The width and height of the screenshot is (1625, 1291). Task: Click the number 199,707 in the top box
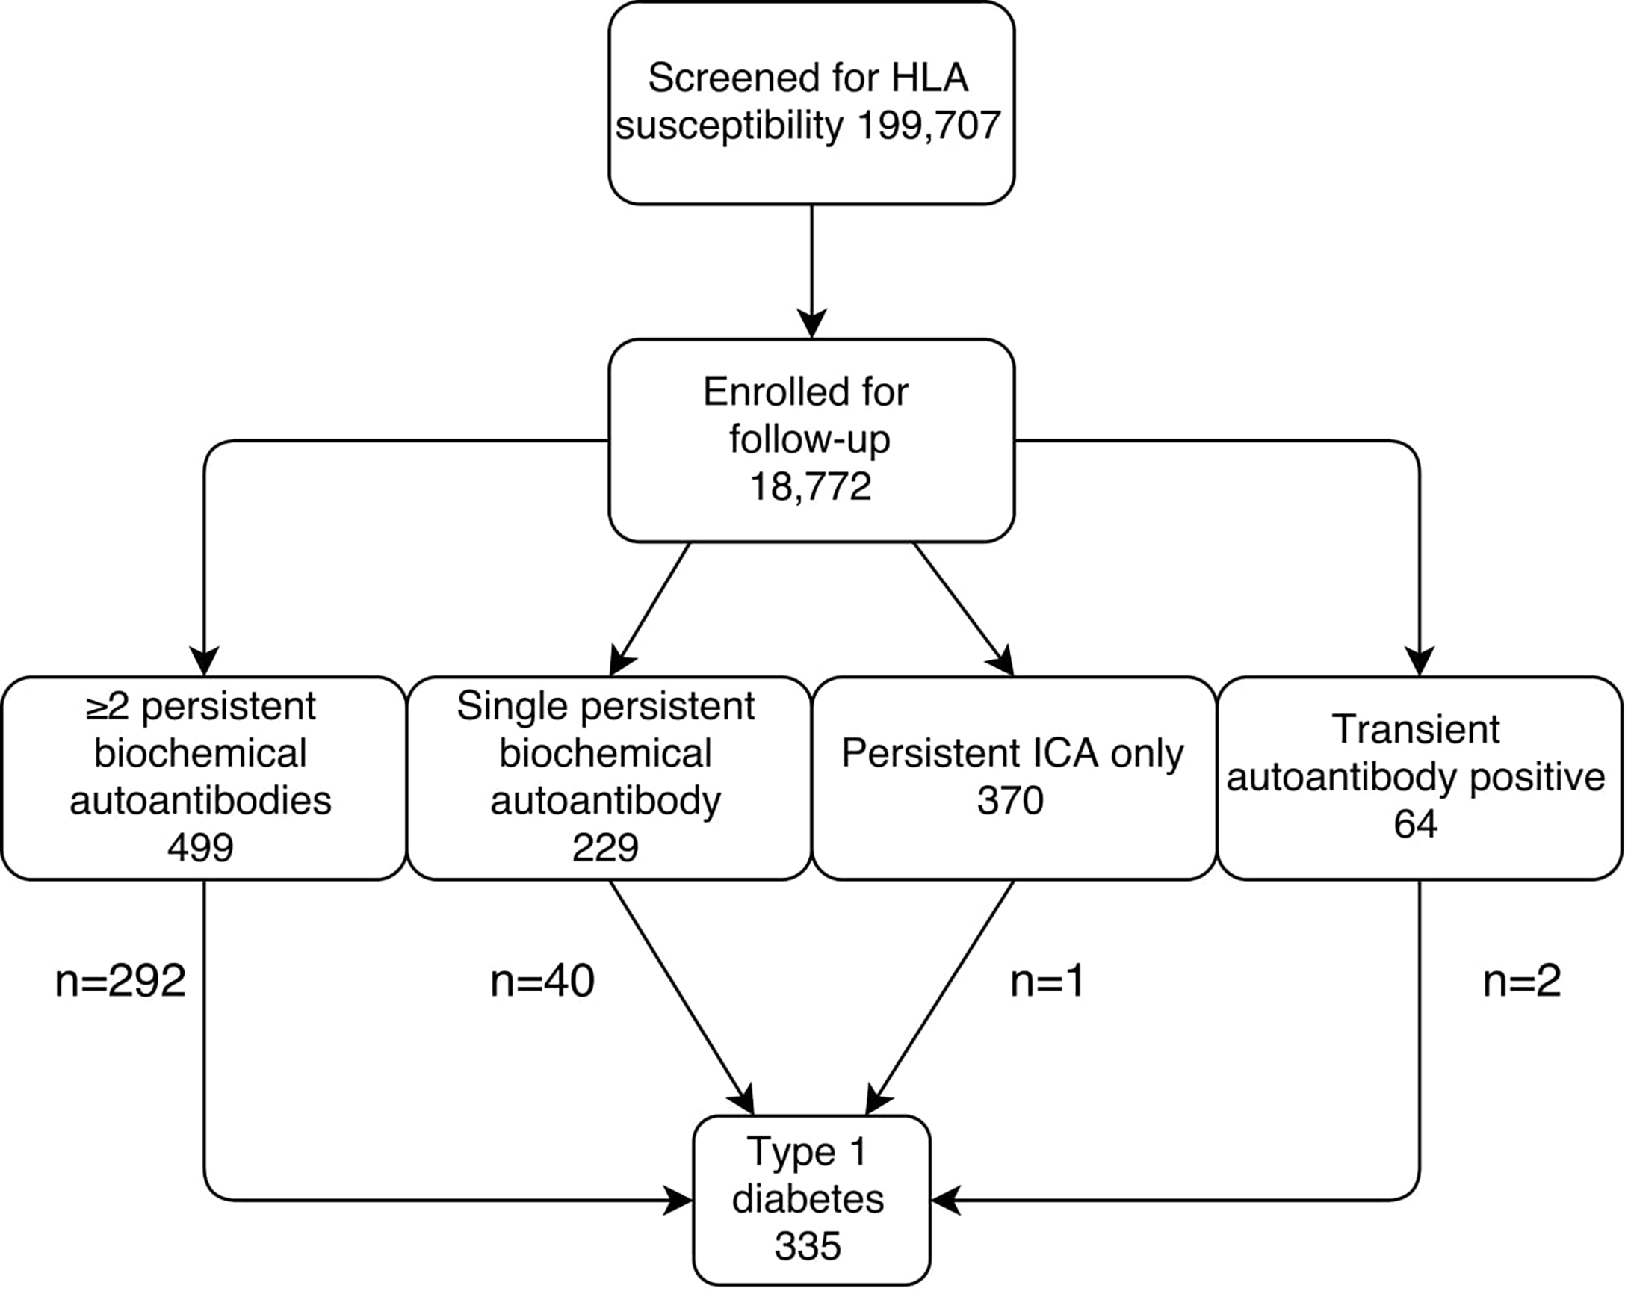coord(929,126)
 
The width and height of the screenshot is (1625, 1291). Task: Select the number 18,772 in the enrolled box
coord(810,487)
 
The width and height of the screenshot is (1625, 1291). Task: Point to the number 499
coord(200,849)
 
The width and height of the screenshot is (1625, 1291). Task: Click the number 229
coord(605,849)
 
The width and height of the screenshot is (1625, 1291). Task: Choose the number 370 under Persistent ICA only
coord(1010,801)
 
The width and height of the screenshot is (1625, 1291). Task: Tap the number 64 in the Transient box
coord(1416,825)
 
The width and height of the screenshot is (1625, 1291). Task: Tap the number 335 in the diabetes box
coord(807,1245)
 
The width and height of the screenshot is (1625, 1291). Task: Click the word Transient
coord(1416,729)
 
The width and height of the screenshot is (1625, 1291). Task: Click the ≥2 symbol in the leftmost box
coord(107,707)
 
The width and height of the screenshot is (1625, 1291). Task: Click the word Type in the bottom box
coord(781,1152)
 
